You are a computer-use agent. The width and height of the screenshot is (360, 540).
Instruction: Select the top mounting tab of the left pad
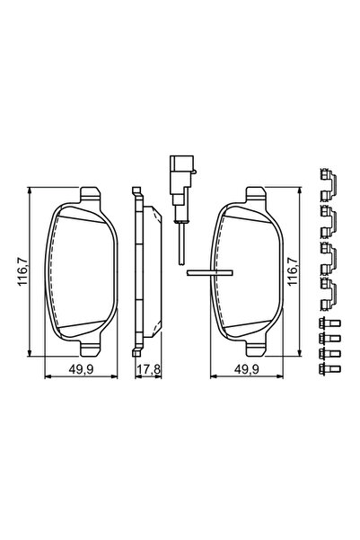[x=90, y=194]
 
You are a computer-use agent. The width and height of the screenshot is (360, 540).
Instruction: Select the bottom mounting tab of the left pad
[x=90, y=345]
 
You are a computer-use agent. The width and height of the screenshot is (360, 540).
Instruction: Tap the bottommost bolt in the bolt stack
[x=328, y=367]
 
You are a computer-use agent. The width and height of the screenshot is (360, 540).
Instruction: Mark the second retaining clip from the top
[x=328, y=219]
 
